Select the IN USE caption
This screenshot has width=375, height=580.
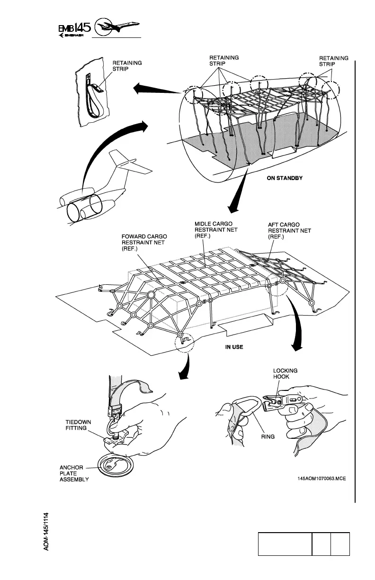234,347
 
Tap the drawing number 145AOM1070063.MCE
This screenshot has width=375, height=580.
321,478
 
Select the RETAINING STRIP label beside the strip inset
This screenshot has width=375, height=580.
126,65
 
